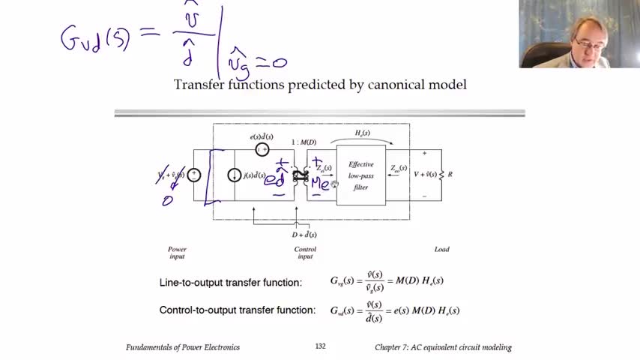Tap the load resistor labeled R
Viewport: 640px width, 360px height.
click(x=441, y=175)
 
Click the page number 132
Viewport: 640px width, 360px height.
click(x=320, y=346)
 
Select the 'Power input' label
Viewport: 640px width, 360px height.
click(x=177, y=252)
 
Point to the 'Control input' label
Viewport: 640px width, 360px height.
click(x=305, y=252)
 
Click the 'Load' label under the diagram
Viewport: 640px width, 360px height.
click(x=441, y=249)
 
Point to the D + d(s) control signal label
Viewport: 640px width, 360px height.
click(x=304, y=235)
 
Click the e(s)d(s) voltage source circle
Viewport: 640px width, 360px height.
click(x=262, y=149)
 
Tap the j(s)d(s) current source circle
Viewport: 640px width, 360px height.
click(x=234, y=175)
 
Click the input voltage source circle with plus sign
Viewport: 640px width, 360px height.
click(x=194, y=175)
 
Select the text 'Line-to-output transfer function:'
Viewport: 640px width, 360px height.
click(x=231, y=283)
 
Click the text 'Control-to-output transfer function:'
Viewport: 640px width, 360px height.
click(x=238, y=310)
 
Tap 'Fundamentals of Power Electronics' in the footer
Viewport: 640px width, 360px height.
click(x=183, y=347)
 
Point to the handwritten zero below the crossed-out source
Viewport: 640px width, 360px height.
click(x=167, y=200)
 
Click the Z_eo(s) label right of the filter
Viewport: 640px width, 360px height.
click(x=398, y=168)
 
